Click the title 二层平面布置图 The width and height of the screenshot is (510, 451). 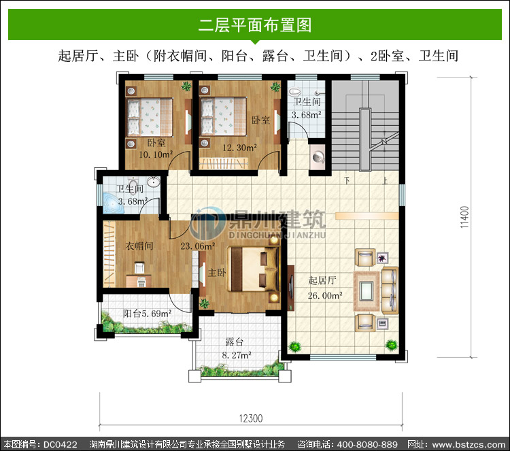(255, 25)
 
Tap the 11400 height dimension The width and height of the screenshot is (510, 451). (465, 217)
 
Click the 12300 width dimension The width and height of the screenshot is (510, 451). (251, 418)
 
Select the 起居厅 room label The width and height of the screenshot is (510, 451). (322, 280)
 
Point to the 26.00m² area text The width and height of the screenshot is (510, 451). (325, 295)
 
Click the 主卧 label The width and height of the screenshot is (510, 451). (217, 272)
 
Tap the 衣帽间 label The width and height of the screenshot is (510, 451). (139, 246)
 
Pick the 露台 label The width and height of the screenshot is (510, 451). (234, 341)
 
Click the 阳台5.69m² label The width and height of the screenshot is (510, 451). (148, 314)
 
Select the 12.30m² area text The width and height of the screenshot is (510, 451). (240, 148)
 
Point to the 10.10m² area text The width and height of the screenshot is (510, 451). (156, 154)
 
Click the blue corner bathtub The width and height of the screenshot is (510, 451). (112, 203)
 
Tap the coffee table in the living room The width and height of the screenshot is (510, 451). (367, 291)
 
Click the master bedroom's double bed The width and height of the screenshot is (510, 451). (253, 269)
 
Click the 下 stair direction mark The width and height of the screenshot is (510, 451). (347, 180)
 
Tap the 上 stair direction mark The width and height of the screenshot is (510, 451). (385, 180)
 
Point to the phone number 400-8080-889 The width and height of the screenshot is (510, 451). (367, 444)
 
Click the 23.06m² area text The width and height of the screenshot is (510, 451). (197, 246)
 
